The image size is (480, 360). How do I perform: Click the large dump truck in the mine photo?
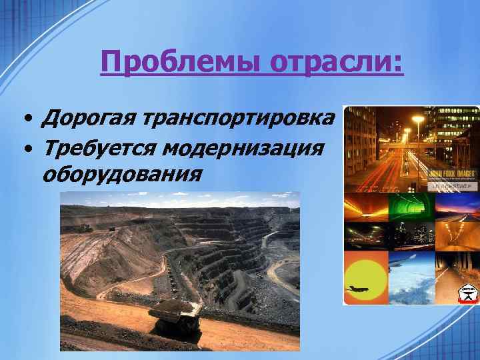click(175, 315)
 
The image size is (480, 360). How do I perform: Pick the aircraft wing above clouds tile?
click(411, 277)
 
